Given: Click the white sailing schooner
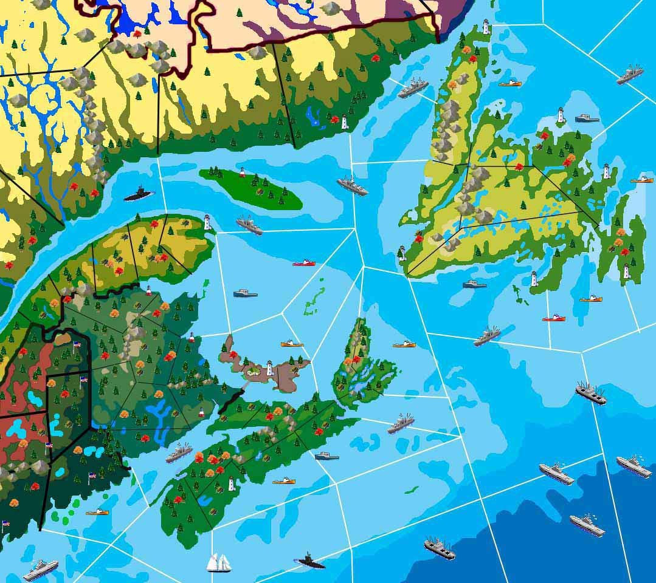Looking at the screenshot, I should coord(218,562).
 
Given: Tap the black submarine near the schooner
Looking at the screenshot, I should coord(311,561).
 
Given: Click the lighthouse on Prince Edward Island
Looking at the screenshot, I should coord(269,368).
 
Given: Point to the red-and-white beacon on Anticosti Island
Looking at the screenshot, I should coord(243,172).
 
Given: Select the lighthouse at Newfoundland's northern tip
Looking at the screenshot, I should coord(486,27).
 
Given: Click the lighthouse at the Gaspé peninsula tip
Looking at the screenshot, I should coord(207,222).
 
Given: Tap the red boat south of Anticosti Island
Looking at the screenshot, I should coord(303,263).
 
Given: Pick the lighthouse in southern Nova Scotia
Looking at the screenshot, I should coord(231,484).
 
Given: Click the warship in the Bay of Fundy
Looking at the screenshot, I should coord(179,453).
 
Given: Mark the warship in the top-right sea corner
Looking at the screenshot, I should coord(630,74).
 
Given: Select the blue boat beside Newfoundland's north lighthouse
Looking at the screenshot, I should coord(587,118).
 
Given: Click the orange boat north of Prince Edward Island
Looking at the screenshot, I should coord(292,344).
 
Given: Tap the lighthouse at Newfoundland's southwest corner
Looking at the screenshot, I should coord(402,253).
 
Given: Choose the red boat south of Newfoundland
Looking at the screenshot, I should coord(553,318).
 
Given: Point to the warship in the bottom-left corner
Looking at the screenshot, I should coord(40,570).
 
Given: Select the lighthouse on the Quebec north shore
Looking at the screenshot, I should coord(344,122).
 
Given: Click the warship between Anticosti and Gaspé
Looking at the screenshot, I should coord(249,225).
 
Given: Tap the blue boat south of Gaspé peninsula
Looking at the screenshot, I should coord(245,293).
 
